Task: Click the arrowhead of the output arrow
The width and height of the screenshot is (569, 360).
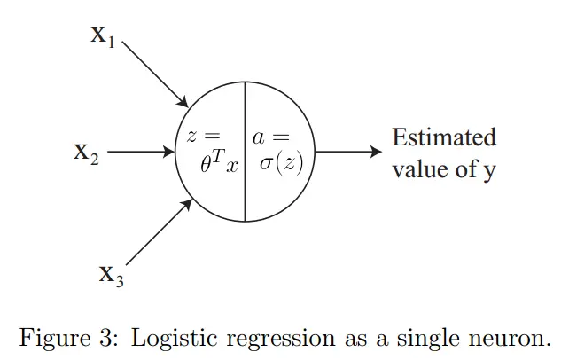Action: tap(377, 153)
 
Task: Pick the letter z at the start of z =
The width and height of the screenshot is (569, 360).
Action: tap(191, 137)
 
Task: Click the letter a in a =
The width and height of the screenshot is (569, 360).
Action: tap(258, 137)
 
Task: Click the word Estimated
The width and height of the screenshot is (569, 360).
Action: tap(444, 137)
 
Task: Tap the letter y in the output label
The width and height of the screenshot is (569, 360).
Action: tap(489, 171)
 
